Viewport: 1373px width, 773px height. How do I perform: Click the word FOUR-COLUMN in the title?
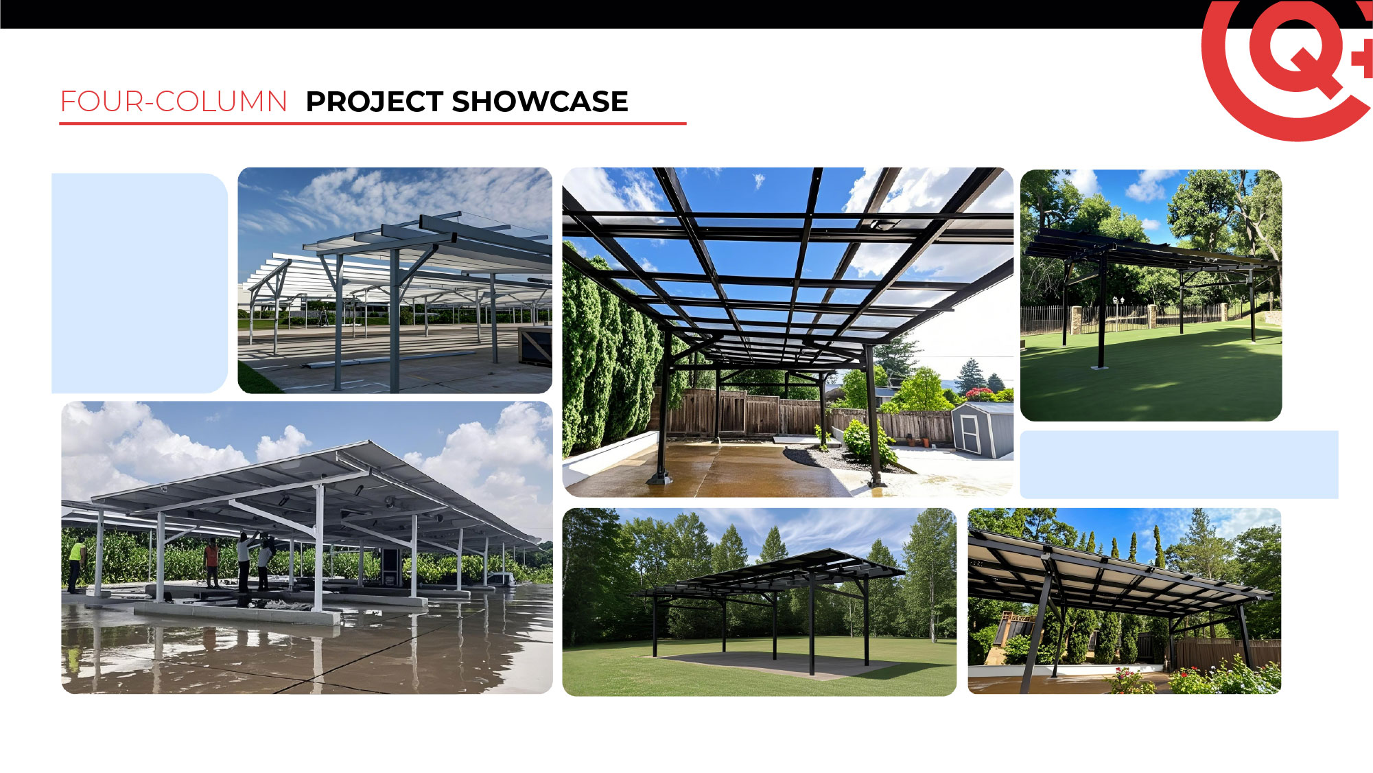[174, 102]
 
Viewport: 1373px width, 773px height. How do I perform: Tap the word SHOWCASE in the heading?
[540, 102]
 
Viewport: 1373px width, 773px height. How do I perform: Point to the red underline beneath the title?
[373, 124]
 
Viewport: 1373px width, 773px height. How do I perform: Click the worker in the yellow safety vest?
[75, 565]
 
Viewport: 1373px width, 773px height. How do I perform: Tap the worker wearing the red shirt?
[212, 562]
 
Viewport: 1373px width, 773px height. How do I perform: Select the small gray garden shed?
[983, 430]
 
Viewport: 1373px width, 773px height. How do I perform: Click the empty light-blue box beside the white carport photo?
[139, 283]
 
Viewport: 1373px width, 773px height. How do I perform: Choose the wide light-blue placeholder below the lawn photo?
[1179, 464]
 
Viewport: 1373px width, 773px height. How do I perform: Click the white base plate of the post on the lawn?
[1100, 368]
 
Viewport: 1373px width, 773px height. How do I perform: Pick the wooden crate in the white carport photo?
[535, 345]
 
